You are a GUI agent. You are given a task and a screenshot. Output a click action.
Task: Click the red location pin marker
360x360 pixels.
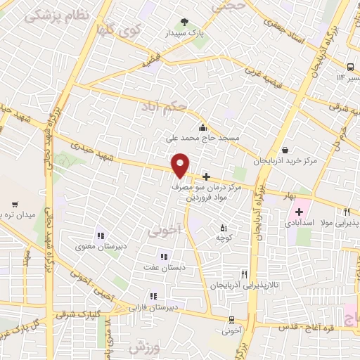(x=181, y=165)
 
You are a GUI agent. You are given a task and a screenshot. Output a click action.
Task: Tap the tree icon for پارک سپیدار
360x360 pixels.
(x=184, y=22)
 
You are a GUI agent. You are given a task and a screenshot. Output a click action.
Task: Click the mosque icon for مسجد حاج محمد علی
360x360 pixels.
(x=203, y=127)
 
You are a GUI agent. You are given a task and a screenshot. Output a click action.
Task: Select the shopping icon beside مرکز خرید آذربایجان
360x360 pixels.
(x=285, y=150)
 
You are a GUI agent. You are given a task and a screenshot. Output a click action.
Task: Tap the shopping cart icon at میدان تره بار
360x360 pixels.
(x=15, y=205)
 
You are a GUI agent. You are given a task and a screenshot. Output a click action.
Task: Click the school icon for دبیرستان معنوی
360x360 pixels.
(x=99, y=235)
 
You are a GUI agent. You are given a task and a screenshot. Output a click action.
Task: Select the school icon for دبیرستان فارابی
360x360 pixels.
(x=151, y=296)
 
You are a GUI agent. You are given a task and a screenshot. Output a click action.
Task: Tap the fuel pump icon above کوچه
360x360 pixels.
(x=224, y=228)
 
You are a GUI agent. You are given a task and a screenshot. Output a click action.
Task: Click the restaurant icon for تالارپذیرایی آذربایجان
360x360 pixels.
(x=244, y=274)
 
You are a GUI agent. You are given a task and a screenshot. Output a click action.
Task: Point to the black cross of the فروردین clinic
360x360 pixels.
(x=206, y=177)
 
